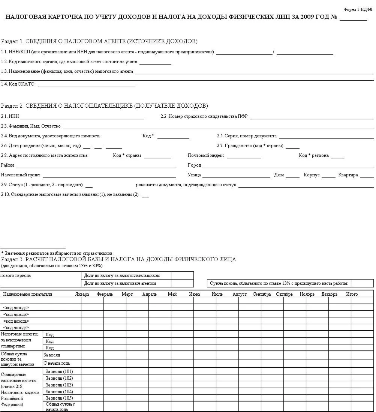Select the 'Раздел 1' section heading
click(x=99, y=41)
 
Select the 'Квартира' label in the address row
click(x=348, y=175)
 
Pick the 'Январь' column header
click(x=82, y=294)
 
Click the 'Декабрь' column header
click(x=329, y=294)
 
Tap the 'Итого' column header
click(x=352, y=294)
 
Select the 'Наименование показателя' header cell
click(x=28, y=294)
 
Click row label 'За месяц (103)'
click(x=59, y=385)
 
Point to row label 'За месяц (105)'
click(x=59, y=398)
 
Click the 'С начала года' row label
click(x=57, y=363)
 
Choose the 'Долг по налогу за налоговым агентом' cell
click(x=120, y=284)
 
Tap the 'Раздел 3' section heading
click(x=118, y=259)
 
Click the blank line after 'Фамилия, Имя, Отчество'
click(x=218, y=126)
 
